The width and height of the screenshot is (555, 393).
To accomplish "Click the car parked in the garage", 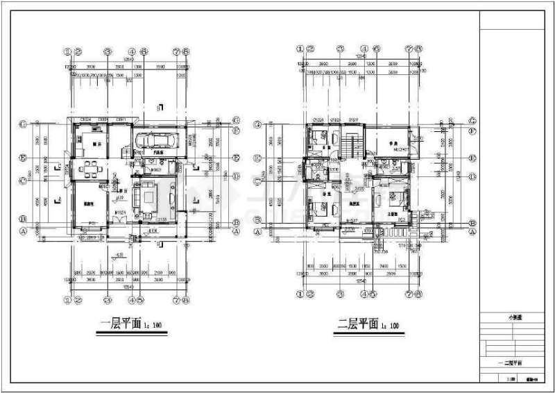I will coord(162,140).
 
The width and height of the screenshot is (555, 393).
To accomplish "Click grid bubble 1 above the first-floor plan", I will coord(68,51).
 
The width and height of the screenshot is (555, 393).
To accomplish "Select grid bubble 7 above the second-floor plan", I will coord(409,49).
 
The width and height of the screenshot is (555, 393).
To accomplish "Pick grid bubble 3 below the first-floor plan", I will coord(108,300).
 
